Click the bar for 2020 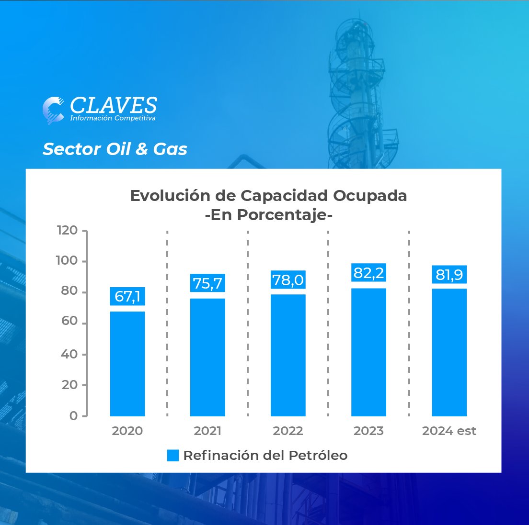click(127, 364)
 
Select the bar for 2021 click(207, 357)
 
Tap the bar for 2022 click(288, 355)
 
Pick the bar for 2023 click(368, 352)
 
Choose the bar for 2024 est click(449, 352)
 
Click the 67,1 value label click(127, 297)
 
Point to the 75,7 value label click(207, 283)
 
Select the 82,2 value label click(368, 273)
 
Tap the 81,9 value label click(449, 275)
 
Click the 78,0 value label click(288, 279)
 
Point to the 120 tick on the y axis click(67, 231)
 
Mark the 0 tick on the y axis click(73, 416)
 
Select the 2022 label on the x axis click(288, 431)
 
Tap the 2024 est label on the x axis click(449, 431)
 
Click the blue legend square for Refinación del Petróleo click(172, 456)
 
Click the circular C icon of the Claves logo click(53, 110)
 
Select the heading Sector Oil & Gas click(115, 149)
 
